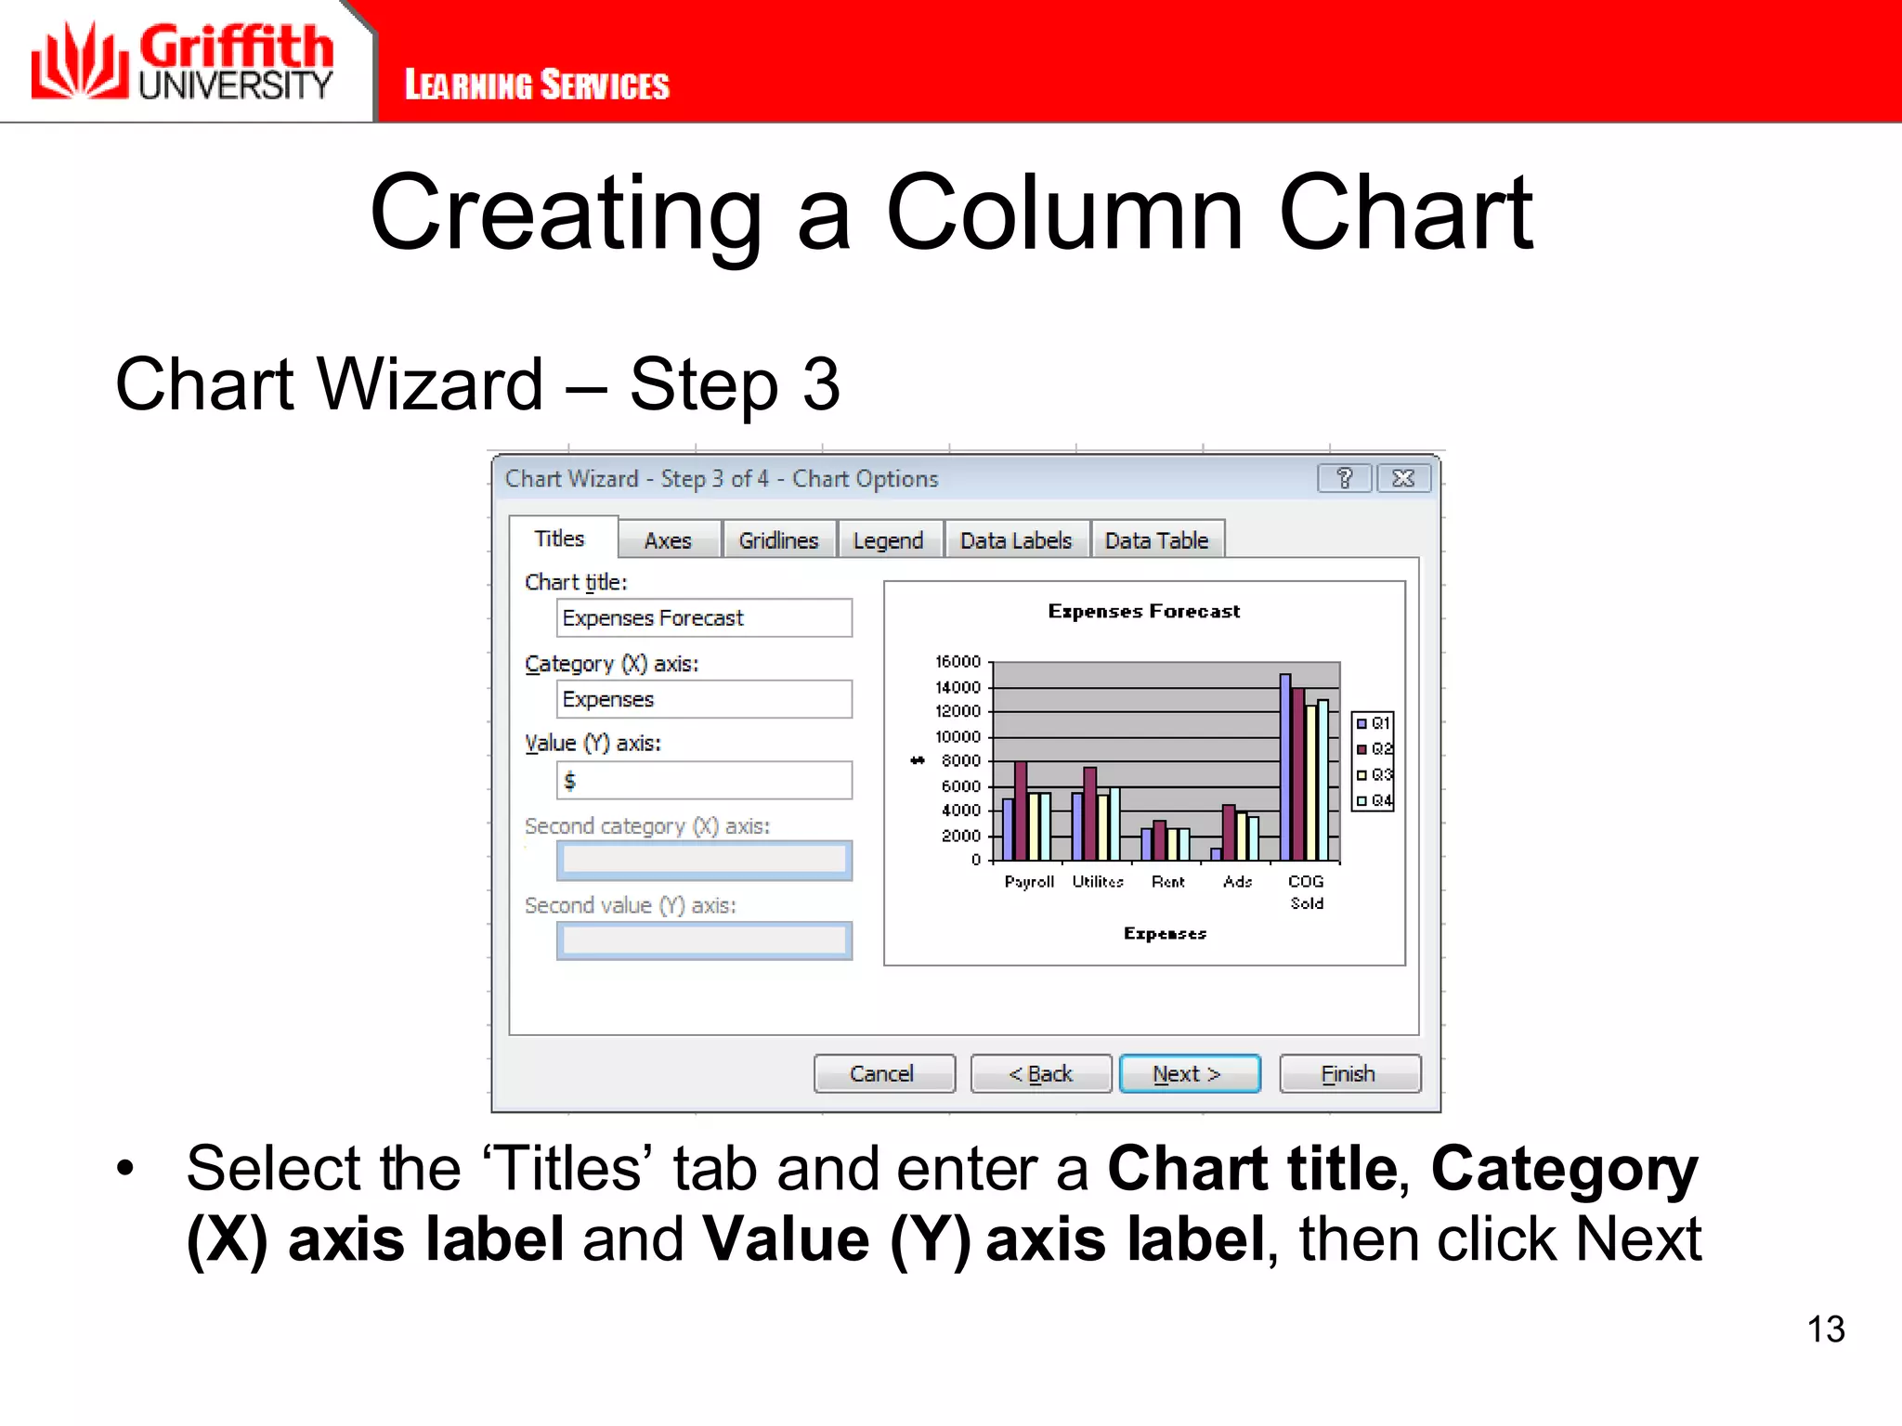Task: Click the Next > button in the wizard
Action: pyautogui.click(x=1189, y=1073)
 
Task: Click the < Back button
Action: pyautogui.click(x=1040, y=1073)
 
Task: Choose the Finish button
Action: pyautogui.click(x=1348, y=1073)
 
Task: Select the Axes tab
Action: pyautogui.click(x=668, y=540)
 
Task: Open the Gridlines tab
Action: pyautogui.click(x=778, y=540)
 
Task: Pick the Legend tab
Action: pyautogui.click(x=888, y=540)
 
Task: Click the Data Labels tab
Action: pyautogui.click(x=1016, y=540)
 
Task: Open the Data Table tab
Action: pyautogui.click(x=1156, y=540)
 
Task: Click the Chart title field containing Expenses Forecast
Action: pyautogui.click(x=703, y=618)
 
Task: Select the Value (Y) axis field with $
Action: pyautogui.click(x=703, y=781)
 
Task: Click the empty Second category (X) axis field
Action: pyautogui.click(x=703, y=861)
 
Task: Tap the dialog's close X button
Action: pyautogui.click(x=1403, y=478)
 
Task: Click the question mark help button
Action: pyautogui.click(x=1344, y=478)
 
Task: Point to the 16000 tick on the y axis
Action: pyautogui.click(x=958, y=662)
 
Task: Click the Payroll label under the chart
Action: pyautogui.click(x=1029, y=881)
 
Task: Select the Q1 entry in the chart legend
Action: pyautogui.click(x=1374, y=723)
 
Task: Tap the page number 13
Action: pyautogui.click(x=1825, y=1329)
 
